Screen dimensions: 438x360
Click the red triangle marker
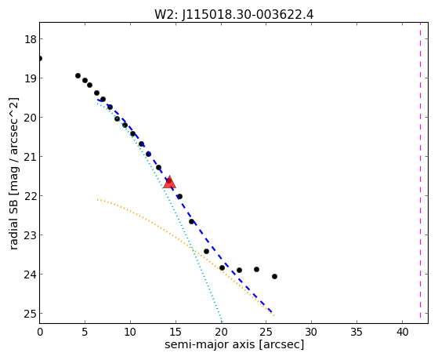click(169, 182)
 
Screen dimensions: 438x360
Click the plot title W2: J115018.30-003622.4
click(233, 15)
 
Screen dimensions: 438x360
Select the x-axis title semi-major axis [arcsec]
click(234, 344)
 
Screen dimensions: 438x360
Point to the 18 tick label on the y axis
click(31, 39)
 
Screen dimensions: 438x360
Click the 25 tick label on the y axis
click(31, 314)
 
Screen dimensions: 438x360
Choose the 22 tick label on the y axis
click(31, 196)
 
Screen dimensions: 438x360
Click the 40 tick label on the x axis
click(403, 333)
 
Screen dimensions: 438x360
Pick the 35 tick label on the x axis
click(357, 333)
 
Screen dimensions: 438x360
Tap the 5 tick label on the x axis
click(85, 333)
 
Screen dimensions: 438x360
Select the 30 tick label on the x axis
click(312, 333)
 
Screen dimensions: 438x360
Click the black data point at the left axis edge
click(40, 59)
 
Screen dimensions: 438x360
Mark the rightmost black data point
click(274, 276)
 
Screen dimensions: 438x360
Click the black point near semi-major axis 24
click(257, 269)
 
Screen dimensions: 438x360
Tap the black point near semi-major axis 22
click(240, 271)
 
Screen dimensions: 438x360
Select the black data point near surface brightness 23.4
click(206, 252)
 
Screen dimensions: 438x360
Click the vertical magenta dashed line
click(421, 173)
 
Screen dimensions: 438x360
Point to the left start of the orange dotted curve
click(97, 199)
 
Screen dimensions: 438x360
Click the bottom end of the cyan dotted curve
click(222, 322)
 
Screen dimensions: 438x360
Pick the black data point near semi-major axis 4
click(78, 76)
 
